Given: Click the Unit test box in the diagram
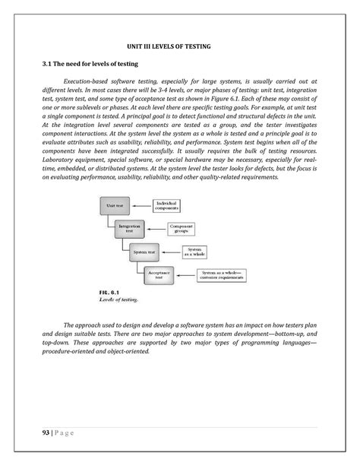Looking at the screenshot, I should [116, 205].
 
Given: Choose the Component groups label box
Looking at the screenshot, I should [190, 227].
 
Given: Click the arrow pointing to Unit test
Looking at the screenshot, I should [142, 205].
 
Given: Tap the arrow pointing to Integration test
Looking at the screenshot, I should [158, 227].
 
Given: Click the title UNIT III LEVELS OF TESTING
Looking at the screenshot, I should [179, 47].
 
